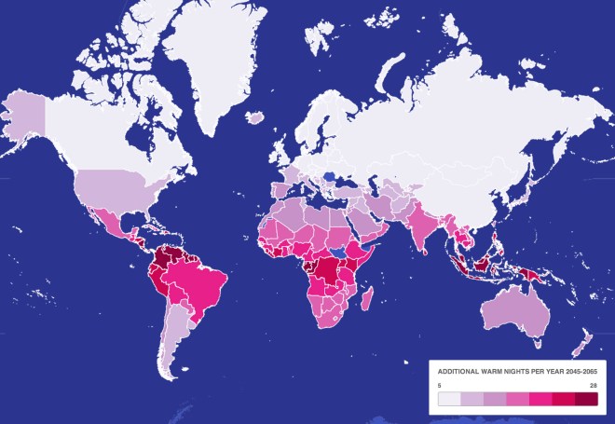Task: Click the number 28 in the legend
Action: pyautogui.click(x=593, y=384)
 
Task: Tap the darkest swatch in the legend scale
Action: pyautogui.click(x=586, y=400)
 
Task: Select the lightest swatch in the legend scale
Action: pyautogui.click(x=450, y=400)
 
